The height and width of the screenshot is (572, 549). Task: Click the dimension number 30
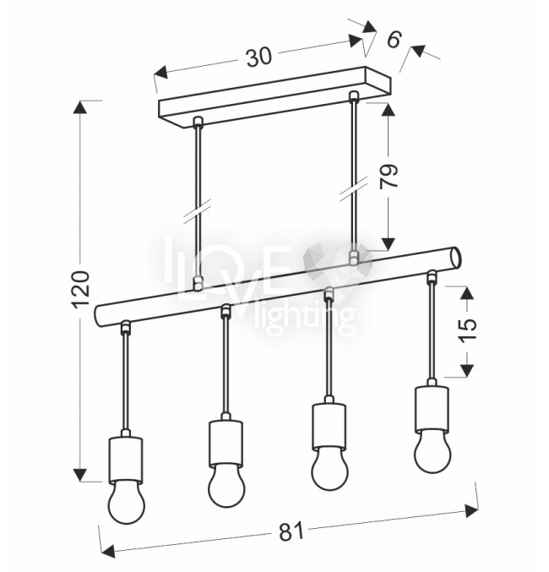point(259,57)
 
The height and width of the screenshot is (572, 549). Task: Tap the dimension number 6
point(394,40)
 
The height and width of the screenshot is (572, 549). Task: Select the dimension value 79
point(389,177)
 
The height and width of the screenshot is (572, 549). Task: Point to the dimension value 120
point(81,289)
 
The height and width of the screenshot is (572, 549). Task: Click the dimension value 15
point(467,330)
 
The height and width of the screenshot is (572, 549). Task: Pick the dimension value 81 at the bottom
point(291,531)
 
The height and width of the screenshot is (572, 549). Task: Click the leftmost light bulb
point(126,502)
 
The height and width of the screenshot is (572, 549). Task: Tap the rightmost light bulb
point(432,451)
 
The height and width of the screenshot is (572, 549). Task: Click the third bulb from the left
point(329,468)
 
